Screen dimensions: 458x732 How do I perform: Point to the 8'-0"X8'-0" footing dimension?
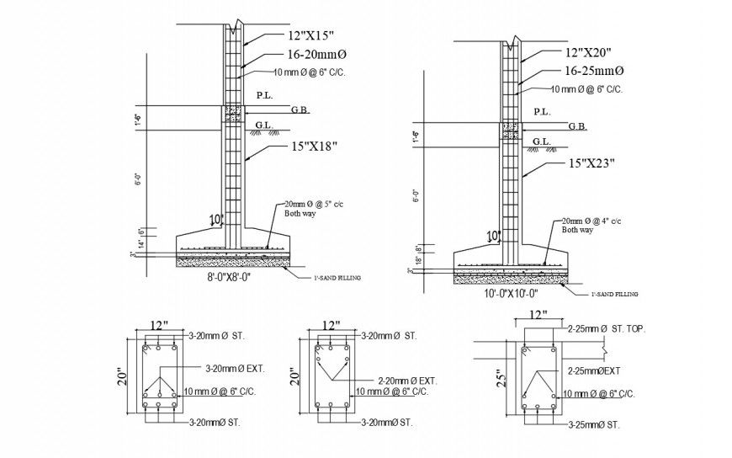[x=231, y=275]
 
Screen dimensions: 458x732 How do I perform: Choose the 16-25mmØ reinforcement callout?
[x=588, y=72]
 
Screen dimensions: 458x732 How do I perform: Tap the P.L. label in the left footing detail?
[x=264, y=95]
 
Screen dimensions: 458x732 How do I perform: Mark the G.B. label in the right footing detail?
[x=577, y=126]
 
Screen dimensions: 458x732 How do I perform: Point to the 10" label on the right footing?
[x=493, y=235]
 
